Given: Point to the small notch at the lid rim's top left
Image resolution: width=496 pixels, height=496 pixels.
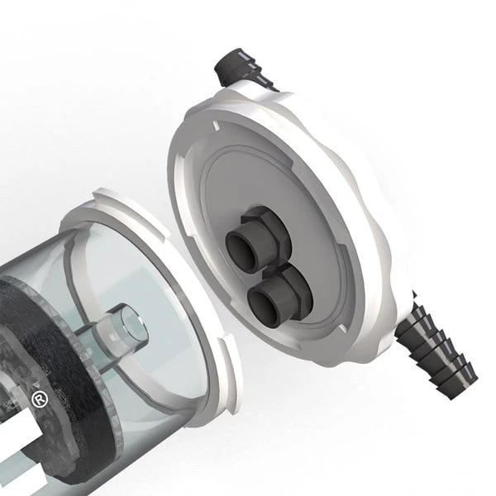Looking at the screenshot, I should [213, 126].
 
